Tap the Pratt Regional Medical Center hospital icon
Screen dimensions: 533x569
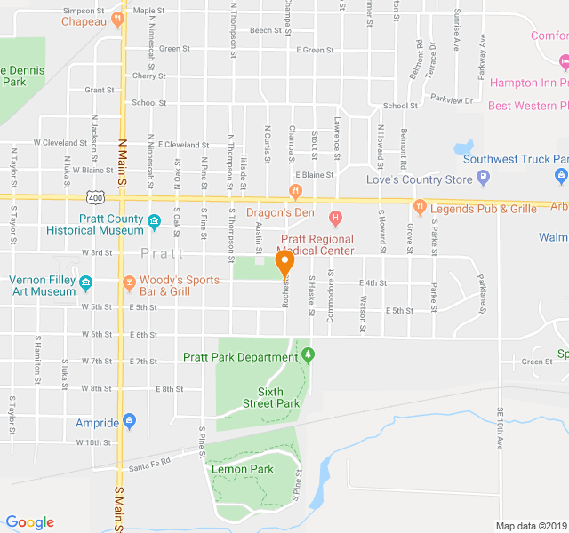coord(335,218)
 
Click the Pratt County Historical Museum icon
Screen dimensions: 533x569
coord(154,221)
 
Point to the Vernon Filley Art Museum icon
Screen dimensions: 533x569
coord(86,284)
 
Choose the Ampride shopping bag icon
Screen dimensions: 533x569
coord(130,420)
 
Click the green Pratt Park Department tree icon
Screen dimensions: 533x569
coord(308,355)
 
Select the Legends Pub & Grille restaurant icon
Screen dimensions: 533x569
coord(419,208)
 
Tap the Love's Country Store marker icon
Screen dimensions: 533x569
coord(484,179)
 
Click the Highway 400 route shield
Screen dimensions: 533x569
coord(96,195)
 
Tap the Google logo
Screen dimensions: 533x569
coord(29,522)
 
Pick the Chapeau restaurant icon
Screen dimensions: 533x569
coord(117,19)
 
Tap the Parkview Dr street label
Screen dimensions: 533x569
coord(453,100)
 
